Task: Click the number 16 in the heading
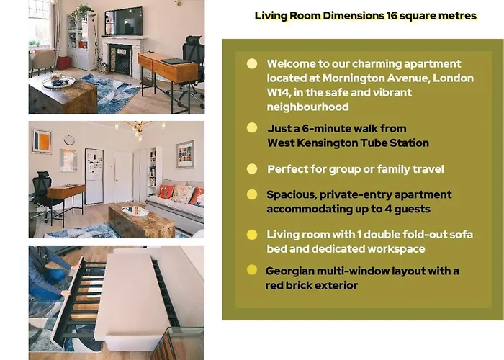391,15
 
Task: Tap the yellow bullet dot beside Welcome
252,63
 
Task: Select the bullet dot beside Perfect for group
252,168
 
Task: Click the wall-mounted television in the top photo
123,21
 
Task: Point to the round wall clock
69,140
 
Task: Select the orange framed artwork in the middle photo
42,141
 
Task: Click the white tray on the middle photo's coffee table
135,211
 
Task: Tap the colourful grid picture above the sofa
185,154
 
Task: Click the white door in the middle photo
123,177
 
